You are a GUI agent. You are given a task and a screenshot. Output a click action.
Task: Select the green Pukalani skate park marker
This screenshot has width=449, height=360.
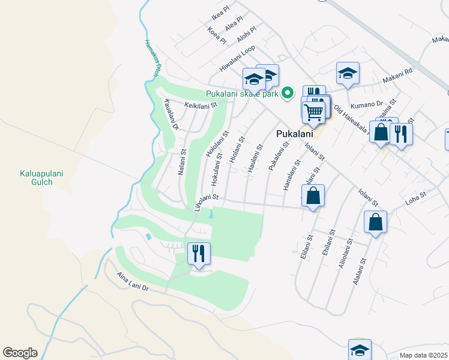[x=288, y=92]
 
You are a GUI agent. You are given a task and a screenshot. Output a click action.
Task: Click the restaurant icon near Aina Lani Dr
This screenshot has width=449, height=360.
[x=199, y=253]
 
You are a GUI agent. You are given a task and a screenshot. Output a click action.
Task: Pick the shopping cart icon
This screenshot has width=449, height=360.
[x=313, y=111]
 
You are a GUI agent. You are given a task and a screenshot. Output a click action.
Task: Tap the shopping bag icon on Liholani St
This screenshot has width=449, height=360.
[x=313, y=196]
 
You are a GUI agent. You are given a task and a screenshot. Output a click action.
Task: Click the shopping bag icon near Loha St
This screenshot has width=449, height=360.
[x=375, y=222]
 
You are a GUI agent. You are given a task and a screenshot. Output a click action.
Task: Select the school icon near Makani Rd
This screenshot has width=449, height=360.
[x=348, y=73]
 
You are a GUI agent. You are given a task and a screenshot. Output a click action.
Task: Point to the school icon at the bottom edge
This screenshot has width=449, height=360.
[x=360, y=350]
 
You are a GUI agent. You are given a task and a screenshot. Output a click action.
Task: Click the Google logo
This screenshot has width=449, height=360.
[x=20, y=353]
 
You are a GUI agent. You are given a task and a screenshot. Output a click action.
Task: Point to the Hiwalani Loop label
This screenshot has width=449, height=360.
[x=237, y=59]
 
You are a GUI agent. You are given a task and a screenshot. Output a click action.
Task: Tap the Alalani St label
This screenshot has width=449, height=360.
[x=360, y=272]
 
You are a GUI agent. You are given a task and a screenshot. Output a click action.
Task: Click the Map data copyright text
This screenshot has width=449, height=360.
[x=423, y=355]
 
